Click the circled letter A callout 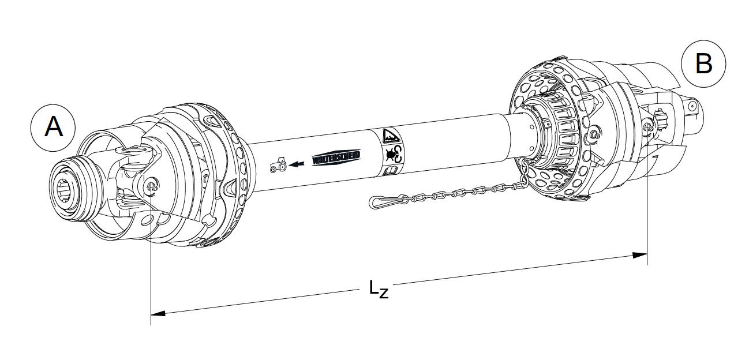click(54, 127)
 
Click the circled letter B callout click(703, 63)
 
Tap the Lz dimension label click(379, 289)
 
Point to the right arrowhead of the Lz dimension click(639, 254)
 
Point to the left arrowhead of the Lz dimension click(158, 313)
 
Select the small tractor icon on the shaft click(278, 166)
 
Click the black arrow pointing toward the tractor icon click(297, 164)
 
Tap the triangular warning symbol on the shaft click(390, 136)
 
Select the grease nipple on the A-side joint click(151, 186)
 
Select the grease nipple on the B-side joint click(647, 127)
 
